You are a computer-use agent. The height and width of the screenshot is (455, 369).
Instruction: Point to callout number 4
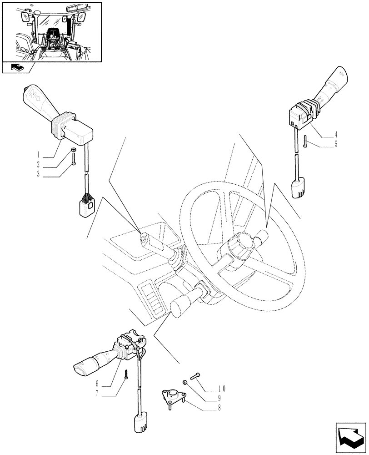pos(335,135)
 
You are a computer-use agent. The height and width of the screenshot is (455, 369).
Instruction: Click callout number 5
pos(335,145)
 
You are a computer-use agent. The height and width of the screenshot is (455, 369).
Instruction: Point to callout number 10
pos(221,389)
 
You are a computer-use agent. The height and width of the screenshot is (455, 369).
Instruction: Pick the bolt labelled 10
pos(196,375)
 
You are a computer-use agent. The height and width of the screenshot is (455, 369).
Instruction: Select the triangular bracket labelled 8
pos(173,397)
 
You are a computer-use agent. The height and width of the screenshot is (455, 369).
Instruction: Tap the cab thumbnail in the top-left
pos(51,32)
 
